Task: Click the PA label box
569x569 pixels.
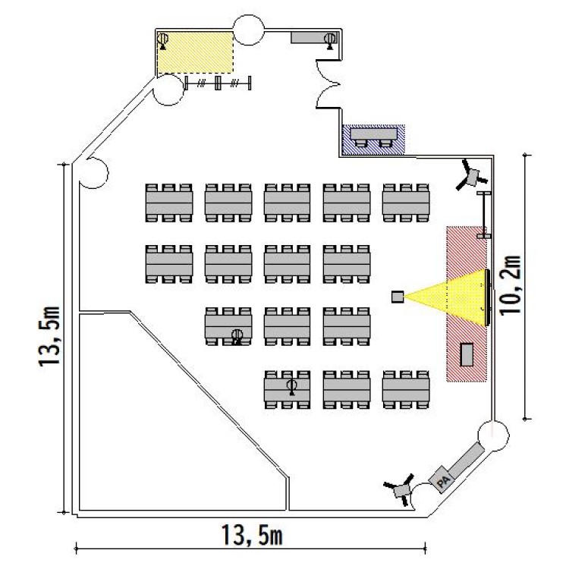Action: click(x=442, y=480)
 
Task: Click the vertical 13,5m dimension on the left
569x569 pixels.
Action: click(x=52, y=337)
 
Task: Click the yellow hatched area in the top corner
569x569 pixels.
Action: click(x=194, y=52)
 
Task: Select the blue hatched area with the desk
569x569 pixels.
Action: click(x=373, y=140)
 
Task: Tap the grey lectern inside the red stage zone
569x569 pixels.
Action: click(x=467, y=354)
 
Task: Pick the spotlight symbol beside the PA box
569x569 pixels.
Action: click(x=400, y=491)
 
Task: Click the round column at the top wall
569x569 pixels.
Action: click(x=248, y=28)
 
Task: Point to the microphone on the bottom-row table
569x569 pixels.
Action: click(x=291, y=388)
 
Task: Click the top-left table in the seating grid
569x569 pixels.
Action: click(x=168, y=203)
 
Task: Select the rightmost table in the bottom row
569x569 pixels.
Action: click(x=406, y=391)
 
